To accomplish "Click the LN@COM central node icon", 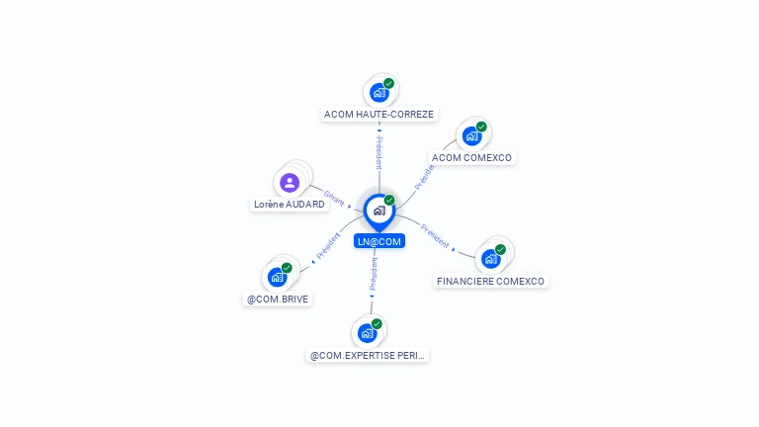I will pyautogui.click(x=379, y=211).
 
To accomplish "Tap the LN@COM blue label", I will pyautogui.click(x=379, y=241).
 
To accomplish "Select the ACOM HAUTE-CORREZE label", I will pyautogui.click(x=379, y=115).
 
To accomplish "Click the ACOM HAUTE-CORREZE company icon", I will pyautogui.click(x=379, y=93).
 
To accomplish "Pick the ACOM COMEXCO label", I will pyautogui.click(x=473, y=158).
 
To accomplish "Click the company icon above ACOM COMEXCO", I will pyautogui.click(x=471, y=135).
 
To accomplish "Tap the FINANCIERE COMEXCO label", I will pyautogui.click(x=491, y=282).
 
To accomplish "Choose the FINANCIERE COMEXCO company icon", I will pyautogui.click(x=490, y=259).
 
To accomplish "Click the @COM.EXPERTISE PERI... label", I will pyautogui.click(x=369, y=355).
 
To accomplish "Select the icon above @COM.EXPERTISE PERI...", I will pyautogui.click(x=367, y=333).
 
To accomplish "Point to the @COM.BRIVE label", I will pyautogui.click(x=278, y=299).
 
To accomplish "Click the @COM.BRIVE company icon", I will pyautogui.click(x=277, y=277).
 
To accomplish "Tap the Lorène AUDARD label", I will pyautogui.click(x=289, y=205).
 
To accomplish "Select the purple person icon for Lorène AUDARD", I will pyautogui.click(x=289, y=182).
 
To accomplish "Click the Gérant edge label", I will pyautogui.click(x=334, y=198).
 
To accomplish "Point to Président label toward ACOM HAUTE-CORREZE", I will pyautogui.click(x=379, y=152).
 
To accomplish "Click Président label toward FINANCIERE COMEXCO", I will pyautogui.click(x=435, y=236).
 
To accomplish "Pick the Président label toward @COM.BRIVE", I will pyautogui.click(x=329, y=246).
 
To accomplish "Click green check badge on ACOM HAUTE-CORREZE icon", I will pyautogui.click(x=389, y=84).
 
